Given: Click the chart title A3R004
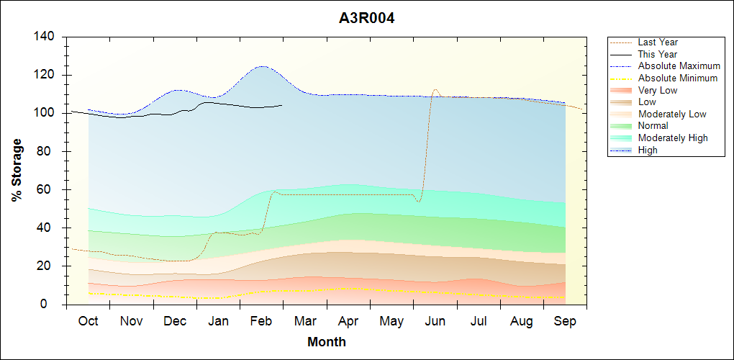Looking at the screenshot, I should [366, 18].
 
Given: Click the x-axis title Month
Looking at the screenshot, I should [327, 342].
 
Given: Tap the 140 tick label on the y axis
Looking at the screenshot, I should [45, 37].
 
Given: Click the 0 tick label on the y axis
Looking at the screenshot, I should [51, 305].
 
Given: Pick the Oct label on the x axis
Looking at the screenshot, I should [88, 321].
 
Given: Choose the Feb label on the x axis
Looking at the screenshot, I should [261, 321].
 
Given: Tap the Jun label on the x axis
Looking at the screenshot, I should [435, 321].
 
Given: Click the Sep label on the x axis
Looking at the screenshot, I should [565, 321].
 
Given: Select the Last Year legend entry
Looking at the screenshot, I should [658, 42].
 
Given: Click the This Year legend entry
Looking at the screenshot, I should [658, 54].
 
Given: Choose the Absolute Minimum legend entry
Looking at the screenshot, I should [678, 78].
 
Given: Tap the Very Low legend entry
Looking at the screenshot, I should [658, 90].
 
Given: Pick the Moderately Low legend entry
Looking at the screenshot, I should [672, 114].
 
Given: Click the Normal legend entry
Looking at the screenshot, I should [653, 126].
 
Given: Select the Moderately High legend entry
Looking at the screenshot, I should [673, 138].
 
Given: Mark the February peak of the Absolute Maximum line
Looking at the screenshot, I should [261, 66].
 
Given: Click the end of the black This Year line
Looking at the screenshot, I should [282, 105].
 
